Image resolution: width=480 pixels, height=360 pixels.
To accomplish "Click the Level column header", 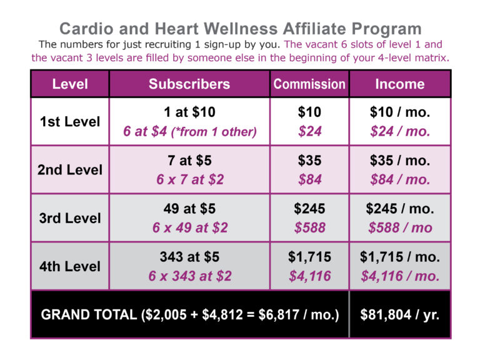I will click(x=69, y=84).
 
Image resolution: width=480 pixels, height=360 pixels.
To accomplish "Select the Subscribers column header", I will click(x=189, y=84).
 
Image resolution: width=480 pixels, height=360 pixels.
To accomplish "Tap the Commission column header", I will click(x=309, y=84).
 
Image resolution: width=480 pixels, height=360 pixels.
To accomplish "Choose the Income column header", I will click(x=399, y=84).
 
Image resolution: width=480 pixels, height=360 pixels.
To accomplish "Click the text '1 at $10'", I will click(x=189, y=112).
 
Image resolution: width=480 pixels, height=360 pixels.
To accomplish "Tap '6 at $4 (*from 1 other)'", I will click(x=189, y=132).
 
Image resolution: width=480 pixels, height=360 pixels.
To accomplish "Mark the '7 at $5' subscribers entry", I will click(x=189, y=161).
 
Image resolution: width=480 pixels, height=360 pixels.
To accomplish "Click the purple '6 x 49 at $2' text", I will click(x=189, y=228).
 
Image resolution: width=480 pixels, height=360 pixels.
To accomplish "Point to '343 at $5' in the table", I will click(x=189, y=257).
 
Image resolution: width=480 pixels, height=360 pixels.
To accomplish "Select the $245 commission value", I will click(x=309, y=209).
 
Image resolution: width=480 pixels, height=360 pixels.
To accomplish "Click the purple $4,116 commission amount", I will click(x=309, y=276).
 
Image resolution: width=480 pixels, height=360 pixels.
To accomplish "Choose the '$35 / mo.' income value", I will click(x=399, y=161).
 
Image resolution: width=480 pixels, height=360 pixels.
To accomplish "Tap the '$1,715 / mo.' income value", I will click(x=399, y=257).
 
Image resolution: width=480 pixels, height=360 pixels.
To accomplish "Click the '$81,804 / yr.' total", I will click(x=399, y=314).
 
